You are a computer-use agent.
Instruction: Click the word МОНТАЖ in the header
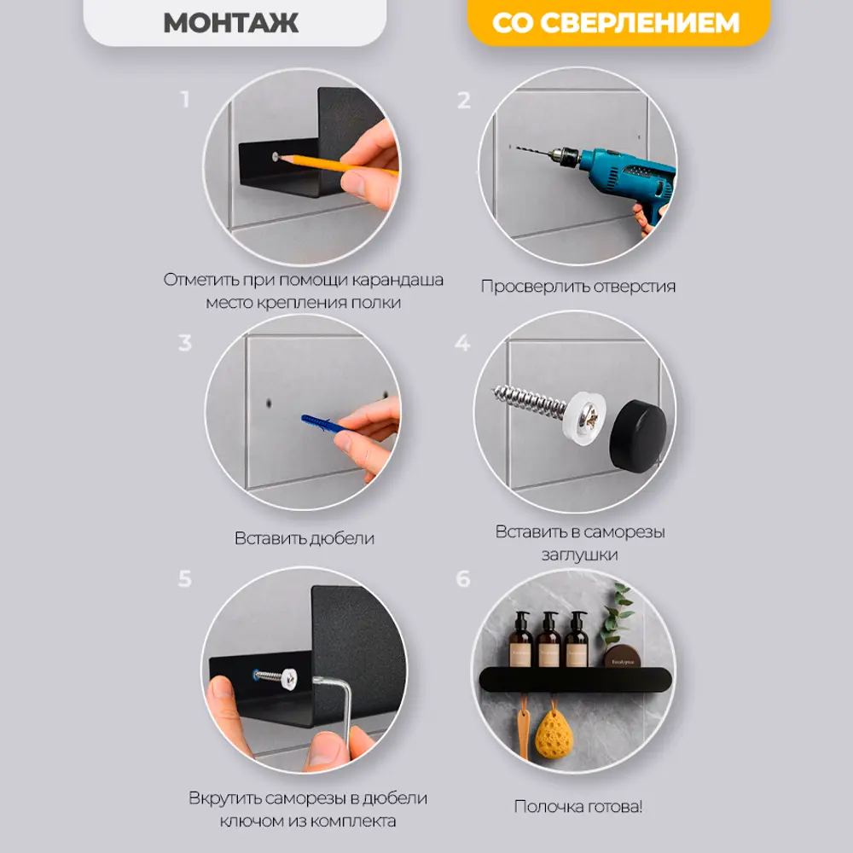coord(230,23)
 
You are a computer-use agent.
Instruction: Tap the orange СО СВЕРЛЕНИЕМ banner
coord(618,22)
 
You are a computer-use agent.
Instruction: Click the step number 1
coord(185,100)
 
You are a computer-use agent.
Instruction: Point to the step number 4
coord(462,343)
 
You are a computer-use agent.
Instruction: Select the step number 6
coord(463,578)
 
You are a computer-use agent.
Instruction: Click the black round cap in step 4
coord(637,436)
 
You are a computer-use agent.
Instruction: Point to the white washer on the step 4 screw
coord(585,418)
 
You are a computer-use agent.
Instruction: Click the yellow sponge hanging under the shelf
coord(554,734)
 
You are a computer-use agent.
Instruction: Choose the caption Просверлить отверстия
coord(578,286)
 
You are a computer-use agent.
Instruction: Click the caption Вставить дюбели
coord(305,538)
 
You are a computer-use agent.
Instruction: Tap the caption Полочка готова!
coord(578,806)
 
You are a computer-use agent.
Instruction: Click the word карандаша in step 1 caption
coord(397,280)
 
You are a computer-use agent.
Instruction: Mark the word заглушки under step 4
coord(579,555)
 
